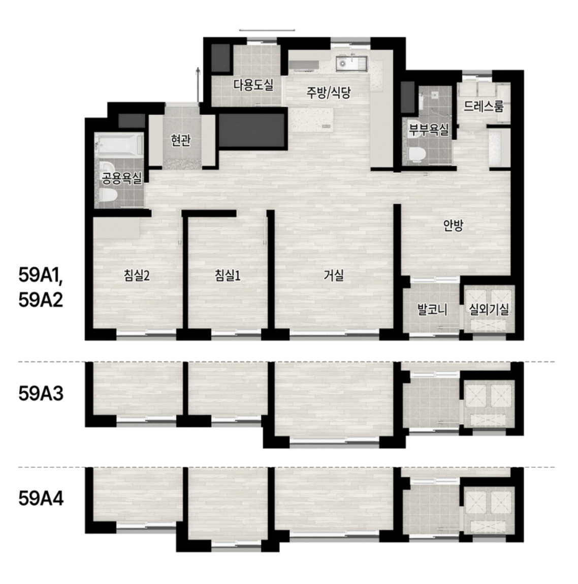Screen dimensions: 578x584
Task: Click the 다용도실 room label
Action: pyautogui.click(x=253, y=85)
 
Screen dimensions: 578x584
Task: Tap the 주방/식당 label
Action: pyautogui.click(x=329, y=92)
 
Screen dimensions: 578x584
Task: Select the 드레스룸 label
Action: pyautogui.click(x=484, y=107)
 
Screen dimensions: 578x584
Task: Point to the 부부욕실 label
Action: pyautogui.click(x=429, y=129)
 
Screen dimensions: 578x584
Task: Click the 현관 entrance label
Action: pyautogui.click(x=180, y=140)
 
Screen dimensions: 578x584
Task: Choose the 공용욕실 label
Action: pyautogui.click(x=121, y=179)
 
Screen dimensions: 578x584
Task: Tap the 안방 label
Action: pyautogui.click(x=453, y=225)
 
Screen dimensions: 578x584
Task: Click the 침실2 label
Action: pyautogui.click(x=137, y=276)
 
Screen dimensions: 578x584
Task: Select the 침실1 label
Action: pyautogui.click(x=228, y=276)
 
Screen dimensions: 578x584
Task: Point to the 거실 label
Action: pyautogui.click(x=333, y=276)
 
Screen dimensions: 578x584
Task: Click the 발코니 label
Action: pyautogui.click(x=432, y=309)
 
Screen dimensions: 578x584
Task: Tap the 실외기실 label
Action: pyautogui.click(x=489, y=309)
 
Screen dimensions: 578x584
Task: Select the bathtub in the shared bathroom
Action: pyautogui.click(x=118, y=144)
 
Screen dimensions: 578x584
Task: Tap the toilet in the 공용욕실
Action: pyautogui.click(x=108, y=195)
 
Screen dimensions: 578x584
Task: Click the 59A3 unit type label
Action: pyautogui.click(x=41, y=393)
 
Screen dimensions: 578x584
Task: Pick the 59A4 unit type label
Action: pyautogui.click(x=41, y=498)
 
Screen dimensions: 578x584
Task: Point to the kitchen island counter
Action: pyautogui.click(x=312, y=120)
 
